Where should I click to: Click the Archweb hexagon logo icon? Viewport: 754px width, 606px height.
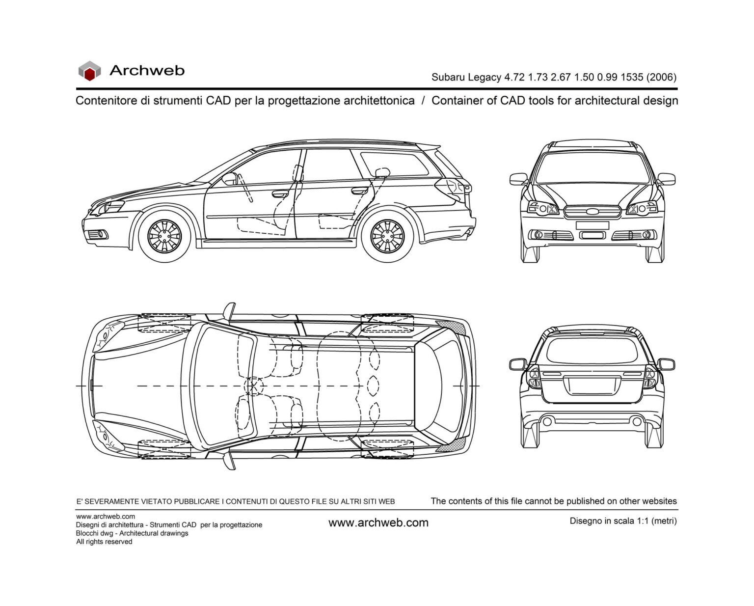point(89,71)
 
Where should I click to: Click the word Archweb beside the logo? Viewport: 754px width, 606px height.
point(147,71)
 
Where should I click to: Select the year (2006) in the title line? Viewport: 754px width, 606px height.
point(661,77)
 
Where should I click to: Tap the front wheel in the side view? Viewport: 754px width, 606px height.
point(164,236)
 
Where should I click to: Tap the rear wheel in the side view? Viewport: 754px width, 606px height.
point(387,236)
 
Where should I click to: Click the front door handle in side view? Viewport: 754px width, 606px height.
point(280,194)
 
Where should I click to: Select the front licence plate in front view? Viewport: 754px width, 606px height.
point(592,225)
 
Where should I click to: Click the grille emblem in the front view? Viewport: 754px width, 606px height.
point(592,212)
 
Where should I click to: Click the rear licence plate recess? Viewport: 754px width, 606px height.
point(592,385)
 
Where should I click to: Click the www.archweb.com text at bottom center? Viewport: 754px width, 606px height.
point(378,523)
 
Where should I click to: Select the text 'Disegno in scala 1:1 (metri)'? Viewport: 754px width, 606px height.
point(623,521)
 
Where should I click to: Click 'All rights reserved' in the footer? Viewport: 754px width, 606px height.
point(104,542)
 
